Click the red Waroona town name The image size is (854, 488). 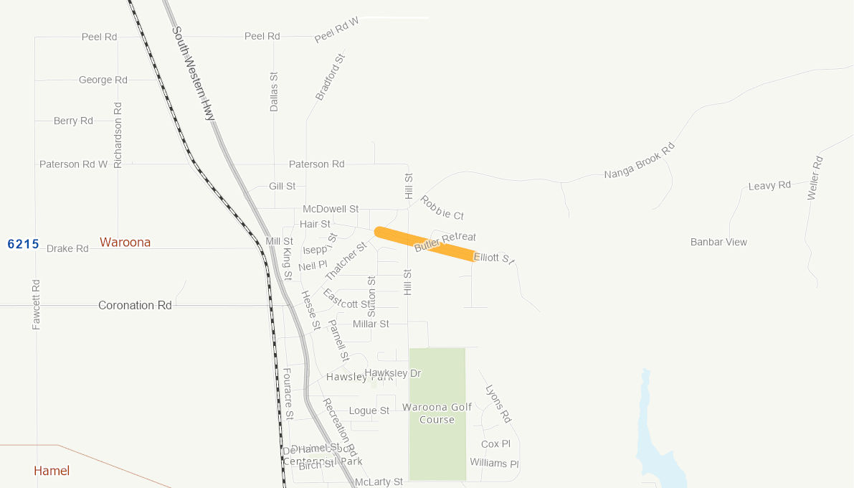pyautogui.click(x=125, y=243)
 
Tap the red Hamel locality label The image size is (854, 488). pyautogui.click(x=52, y=471)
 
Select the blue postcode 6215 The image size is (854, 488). pyautogui.click(x=23, y=244)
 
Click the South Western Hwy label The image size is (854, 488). pyautogui.click(x=194, y=73)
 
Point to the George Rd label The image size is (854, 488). pyautogui.click(x=103, y=80)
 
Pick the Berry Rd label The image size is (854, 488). pyautogui.click(x=73, y=121)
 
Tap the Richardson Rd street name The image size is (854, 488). pyautogui.click(x=118, y=135)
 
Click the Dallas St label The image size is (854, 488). pyautogui.click(x=274, y=91)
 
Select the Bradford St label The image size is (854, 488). pyautogui.click(x=331, y=76)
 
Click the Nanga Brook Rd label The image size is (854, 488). pyautogui.click(x=640, y=161)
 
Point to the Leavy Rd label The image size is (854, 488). pyautogui.click(x=769, y=186)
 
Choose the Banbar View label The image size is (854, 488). pyautogui.click(x=718, y=243)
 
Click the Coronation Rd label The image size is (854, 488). pyautogui.click(x=135, y=306)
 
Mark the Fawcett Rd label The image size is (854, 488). pyautogui.click(x=37, y=304)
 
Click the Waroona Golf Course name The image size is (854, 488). pyautogui.click(x=437, y=413)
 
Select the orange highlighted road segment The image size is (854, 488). pyautogui.click(x=424, y=244)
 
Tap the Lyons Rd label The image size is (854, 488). pyautogui.click(x=498, y=404)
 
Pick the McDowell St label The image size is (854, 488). pyautogui.click(x=331, y=210)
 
